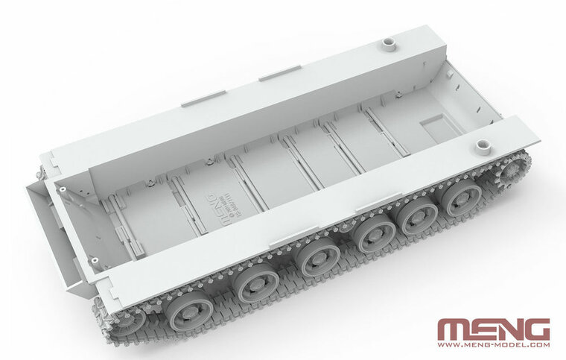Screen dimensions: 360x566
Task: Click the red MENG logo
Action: tap(493, 329)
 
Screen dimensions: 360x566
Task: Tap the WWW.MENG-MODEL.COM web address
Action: tap(493, 345)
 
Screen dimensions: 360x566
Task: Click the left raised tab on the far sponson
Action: tap(203, 98)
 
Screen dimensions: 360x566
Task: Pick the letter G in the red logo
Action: tap(536, 329)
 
